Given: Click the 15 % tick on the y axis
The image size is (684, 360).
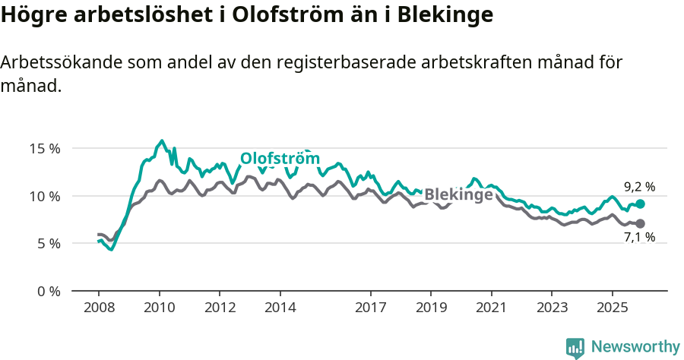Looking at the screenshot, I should pos(44,148).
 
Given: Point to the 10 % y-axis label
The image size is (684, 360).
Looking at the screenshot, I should pos(44,196).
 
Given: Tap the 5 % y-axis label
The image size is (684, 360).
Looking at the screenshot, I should pos(48,244).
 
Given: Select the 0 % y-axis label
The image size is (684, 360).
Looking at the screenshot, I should pos(48,292).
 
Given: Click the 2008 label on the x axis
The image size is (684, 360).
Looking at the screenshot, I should pos(99,308).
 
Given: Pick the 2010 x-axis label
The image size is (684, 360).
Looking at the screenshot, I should pos(159,308).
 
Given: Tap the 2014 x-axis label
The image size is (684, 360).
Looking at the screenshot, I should pos(280,308).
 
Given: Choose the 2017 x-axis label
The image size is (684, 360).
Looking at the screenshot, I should pos(370,308).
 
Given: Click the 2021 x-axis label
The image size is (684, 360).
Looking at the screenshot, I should pos(491,308).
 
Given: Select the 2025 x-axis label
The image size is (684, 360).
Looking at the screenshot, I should pos(612,308).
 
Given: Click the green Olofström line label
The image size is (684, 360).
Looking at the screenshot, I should pos(280,159).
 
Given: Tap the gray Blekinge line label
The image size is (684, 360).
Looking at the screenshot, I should pos(458,194).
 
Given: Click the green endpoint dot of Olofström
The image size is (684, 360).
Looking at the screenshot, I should pos(641,204).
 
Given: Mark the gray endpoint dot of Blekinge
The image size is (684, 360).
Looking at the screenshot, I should pos(641,223).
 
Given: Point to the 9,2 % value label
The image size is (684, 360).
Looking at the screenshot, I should pos(639,186).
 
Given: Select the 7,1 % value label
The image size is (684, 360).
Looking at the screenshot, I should pos(639,238).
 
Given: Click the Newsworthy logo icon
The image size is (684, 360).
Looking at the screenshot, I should pos(575,348).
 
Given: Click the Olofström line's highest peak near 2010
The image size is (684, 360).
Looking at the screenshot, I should pos(161,141).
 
